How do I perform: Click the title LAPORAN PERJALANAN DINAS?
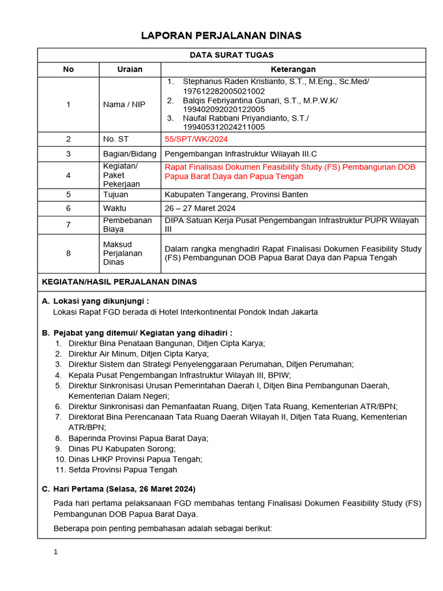tap(221, 36)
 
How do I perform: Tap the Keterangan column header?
tap(293, 69)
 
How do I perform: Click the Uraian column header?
tap(130, 69)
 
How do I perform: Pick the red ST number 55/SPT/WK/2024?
tap(196, 139)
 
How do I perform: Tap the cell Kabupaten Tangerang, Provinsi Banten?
tap(236, 194)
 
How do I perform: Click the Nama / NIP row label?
tap(124, 104)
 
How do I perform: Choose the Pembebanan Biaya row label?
tap(119, 225)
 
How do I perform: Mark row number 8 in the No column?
tap(69, 253)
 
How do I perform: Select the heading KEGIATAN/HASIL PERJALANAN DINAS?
tap(119, 282)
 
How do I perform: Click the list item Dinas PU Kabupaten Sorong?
tap(122, 448)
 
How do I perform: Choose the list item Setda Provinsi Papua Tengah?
tap(123, 470)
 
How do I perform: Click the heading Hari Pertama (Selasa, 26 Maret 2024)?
tap(124, 488)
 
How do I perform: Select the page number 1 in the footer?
tap(55, 552)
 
